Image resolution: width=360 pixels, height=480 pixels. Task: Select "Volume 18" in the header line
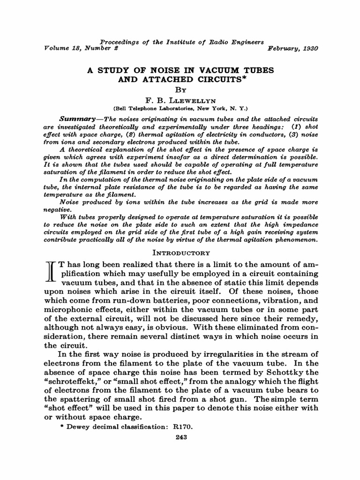click(x=59, y=49)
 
